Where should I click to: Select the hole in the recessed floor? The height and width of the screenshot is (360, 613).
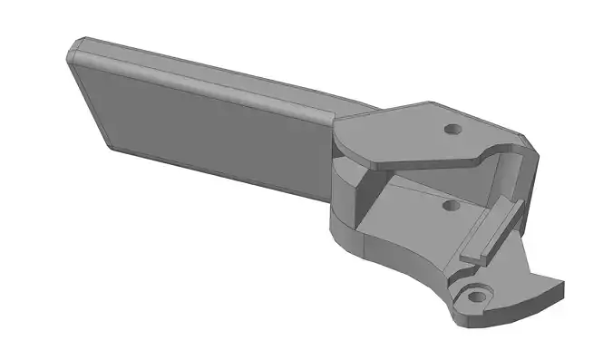coord(448,206)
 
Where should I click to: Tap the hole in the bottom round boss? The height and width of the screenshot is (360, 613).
coord(473,297)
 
